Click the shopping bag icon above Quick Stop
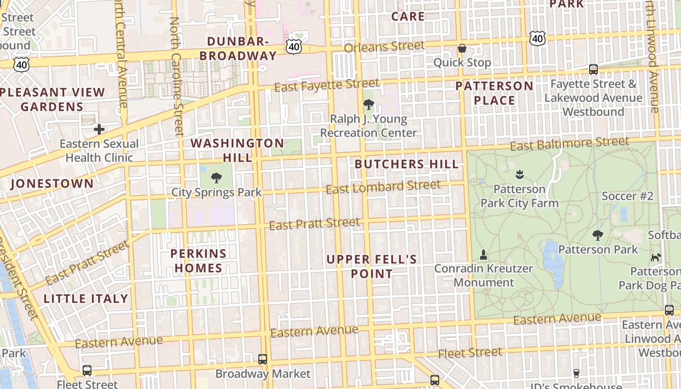[462, 48]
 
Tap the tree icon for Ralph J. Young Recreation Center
[368, 104]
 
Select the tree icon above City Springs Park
[216, 177]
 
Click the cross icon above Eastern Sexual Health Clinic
[99, 129]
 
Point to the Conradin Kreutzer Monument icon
[484, 254]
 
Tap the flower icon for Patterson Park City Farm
[519, 174]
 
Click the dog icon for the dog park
[656, 257]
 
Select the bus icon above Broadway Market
[263, 359]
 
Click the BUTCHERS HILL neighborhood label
[407, 164]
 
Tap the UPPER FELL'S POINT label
[372, 266]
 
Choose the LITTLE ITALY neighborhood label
[86, 299]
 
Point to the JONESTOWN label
[52, 184]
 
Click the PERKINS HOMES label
[198, 261]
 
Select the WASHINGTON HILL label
[237, 150]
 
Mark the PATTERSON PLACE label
[494, 93]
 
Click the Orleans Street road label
[384, 47]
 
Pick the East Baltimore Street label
[570, 144]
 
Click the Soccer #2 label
[627, 196]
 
